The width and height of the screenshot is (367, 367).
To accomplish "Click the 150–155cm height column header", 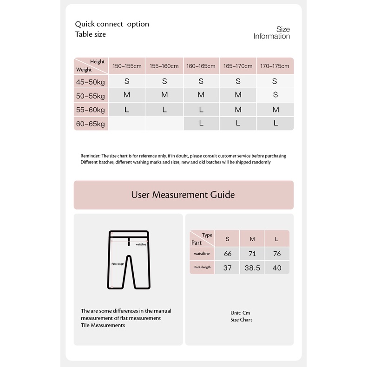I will (x=127, y=66).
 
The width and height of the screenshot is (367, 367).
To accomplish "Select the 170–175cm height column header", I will (x=275, y=66).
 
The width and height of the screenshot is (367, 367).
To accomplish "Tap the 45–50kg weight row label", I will (x=91, y=82).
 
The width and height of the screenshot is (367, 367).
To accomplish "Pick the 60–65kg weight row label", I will (x=91, y=124).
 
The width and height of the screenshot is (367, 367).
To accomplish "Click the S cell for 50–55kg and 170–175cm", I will (x=275, y=95).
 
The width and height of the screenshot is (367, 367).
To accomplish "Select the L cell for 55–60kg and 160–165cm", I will (x=201, y=110).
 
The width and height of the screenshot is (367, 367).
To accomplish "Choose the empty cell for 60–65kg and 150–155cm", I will (x=127, y=124).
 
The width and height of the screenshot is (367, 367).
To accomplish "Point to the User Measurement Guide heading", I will (x=183, y=195).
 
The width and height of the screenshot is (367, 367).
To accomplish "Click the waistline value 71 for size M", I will (x=252, y=254).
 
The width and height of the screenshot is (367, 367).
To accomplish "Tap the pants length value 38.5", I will (x=252, y=268).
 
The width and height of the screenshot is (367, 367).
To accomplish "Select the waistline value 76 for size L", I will (x=277, y=254).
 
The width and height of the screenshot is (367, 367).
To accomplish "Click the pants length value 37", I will (x=228, y=268).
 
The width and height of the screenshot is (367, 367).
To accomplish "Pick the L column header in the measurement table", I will (x=277, y=239).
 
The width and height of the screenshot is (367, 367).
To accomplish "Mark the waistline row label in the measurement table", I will (x=202, y=254).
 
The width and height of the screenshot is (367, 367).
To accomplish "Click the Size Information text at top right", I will (x=272, y=33).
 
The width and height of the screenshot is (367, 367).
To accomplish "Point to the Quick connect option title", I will (x=112, y=24).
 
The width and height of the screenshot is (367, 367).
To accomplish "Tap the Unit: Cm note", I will (x=240, y=313).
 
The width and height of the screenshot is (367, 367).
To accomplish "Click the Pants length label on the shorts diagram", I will (x=118, y=263).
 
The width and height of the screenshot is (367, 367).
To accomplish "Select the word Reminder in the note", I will (x=90, y=156).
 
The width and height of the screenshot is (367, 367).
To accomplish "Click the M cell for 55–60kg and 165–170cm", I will (x=238, y=110).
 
